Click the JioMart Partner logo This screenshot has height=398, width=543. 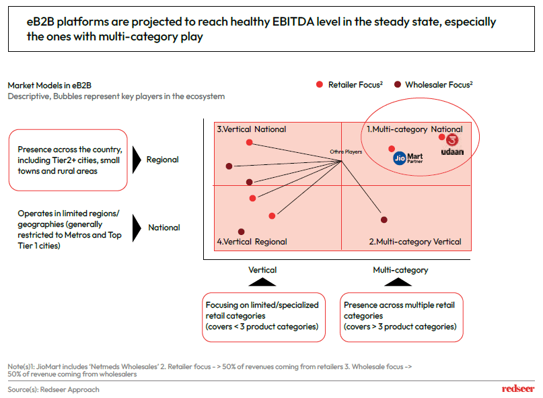(x=408, y=158)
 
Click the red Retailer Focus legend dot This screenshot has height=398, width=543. (x=320, y=84)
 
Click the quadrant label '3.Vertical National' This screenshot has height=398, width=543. (x=251, y=129)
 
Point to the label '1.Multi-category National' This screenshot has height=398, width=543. (x=414, y=129)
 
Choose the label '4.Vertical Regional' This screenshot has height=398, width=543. (x=252, y=242)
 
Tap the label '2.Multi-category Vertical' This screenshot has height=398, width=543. (x=414, y=242)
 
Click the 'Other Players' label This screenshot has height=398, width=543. (x=346, y=152)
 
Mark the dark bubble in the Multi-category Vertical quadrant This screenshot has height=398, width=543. (x=384, y=220)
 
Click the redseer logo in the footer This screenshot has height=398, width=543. (x=518, y=389)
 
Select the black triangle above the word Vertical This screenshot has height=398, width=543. (x=262, y=281)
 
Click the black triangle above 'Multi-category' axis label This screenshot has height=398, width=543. (x=400, y=281)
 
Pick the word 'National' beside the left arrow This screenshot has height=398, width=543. (x=164, y=228)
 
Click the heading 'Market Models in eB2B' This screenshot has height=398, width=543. (x=50, y=86)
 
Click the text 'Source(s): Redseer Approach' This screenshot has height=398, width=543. (x=53, y=389)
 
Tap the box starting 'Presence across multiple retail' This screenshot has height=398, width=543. (x=402, y=316)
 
